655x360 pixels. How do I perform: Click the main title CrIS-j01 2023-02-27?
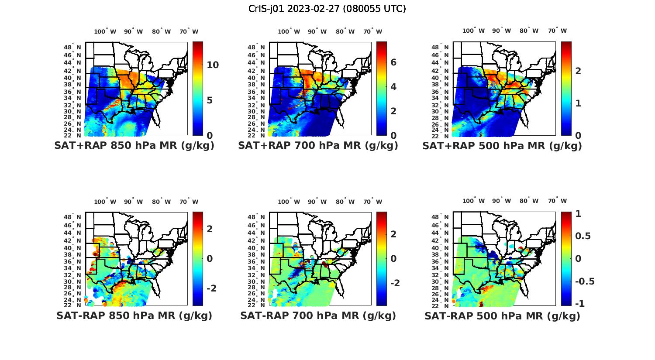(327, 9)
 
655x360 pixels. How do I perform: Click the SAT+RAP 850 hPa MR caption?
(134, 146)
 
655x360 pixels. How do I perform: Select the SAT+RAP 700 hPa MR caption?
(318, 146)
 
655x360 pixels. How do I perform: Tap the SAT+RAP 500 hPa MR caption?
(502, 146)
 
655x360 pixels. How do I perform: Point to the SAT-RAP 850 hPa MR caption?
(134, 315)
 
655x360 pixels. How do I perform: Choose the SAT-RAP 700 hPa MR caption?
(318, 315)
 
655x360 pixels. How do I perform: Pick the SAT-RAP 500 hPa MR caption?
(502, 316)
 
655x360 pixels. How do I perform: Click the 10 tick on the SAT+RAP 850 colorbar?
(213, 65)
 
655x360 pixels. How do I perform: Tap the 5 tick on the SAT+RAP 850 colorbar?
(210, 100)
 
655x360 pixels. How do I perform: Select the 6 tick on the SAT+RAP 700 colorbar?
(393, 62)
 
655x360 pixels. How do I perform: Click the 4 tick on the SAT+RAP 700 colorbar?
(393, 87)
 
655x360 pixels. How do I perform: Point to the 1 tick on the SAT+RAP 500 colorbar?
(578, 103)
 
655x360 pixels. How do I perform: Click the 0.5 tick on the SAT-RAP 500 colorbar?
(583, 236)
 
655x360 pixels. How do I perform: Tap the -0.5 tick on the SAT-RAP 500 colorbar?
(585, 281)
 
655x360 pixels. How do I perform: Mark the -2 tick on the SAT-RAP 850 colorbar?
(211, 288)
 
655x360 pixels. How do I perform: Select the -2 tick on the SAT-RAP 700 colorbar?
(395, 283)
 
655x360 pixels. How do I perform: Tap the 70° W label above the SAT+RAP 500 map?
(558, 31)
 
